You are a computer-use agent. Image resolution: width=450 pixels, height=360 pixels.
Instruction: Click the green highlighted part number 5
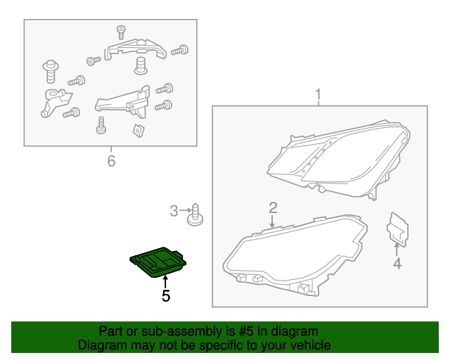coord(157,262)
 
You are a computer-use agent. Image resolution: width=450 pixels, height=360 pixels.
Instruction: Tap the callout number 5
coord(166,296)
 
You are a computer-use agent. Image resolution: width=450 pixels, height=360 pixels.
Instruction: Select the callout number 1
coord(318,95)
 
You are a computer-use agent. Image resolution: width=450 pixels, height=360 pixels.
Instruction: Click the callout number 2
coord(273,208)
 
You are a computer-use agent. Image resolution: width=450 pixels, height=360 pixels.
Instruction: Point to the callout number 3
coord(174,211)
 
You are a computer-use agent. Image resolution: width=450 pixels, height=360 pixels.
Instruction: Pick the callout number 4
coord(397,264)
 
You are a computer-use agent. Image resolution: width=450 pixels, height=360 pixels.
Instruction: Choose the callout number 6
coord(111,161)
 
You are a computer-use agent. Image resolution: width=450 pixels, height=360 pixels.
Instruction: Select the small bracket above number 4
coord(397,229)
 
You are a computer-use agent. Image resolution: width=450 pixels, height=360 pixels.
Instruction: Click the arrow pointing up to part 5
coord(165,281)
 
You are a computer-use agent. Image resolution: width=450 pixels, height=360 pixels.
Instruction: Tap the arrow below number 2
coord(272,221)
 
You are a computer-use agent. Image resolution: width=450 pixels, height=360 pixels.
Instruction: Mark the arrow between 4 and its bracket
coord(397,249)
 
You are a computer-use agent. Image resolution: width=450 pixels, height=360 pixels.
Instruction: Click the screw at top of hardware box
coord(121,32)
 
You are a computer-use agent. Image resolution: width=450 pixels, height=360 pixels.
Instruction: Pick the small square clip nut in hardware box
coord(139,130)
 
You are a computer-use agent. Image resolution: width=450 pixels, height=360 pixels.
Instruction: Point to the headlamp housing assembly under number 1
coord(339,160)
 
